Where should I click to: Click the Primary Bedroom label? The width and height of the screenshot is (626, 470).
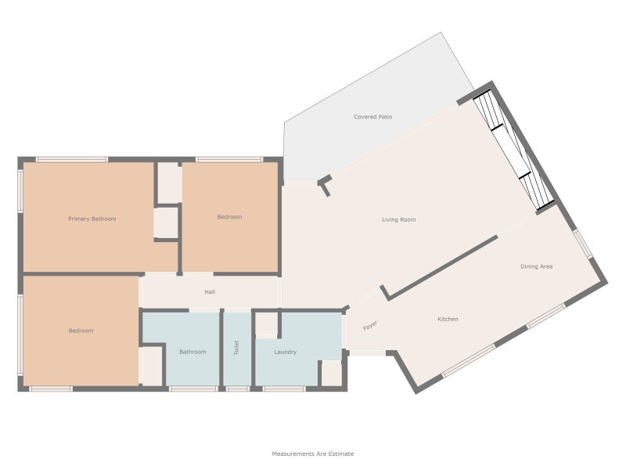point(92,219)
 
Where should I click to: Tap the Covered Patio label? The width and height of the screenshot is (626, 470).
point(373,117)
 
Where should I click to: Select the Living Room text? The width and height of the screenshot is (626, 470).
point(399,219)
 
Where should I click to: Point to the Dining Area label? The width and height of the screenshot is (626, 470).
point(537,266)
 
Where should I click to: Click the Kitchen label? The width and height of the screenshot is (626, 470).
point(448,319)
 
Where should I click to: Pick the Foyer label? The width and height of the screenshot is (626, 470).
point(370,326)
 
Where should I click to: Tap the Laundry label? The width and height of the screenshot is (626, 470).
point(286,352)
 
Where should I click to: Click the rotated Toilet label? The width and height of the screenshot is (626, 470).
point(236,348)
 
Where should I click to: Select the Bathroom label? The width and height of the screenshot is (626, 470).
point(192,352)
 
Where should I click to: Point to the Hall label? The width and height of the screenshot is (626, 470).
point(210,292)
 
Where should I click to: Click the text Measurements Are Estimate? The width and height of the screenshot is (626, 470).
point(312,454)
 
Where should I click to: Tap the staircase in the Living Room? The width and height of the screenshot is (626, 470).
point(514,150)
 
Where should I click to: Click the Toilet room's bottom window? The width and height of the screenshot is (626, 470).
point(238,389)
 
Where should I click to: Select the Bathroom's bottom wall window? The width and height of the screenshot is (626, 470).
point(193,389)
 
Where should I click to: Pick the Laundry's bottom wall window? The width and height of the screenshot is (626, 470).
point(284,389)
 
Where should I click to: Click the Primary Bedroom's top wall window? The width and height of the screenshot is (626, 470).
point(72,160)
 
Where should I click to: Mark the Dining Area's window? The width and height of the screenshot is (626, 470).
point(582,243)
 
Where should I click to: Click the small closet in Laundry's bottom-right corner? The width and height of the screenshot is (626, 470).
point(331,374)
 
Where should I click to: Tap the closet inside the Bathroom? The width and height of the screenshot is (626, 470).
point(150,367)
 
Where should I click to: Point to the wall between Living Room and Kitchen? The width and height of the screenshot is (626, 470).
point(440,267)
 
